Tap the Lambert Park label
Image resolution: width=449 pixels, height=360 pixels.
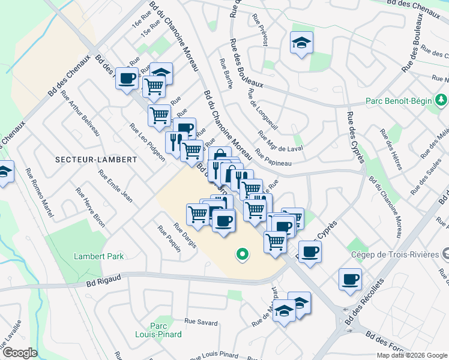click(98, 256)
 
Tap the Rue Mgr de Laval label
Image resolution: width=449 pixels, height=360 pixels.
click(280, 142)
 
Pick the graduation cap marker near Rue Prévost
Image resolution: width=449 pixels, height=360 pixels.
click(301, 43)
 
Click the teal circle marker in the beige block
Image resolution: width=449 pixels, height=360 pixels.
click(243, 254)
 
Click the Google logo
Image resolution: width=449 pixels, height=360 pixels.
click(19, 353)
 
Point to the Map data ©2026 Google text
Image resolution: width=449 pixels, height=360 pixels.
click(412, 355)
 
